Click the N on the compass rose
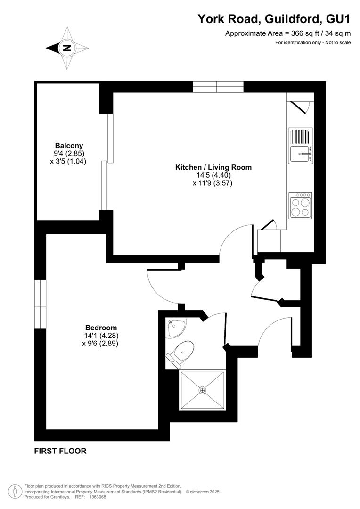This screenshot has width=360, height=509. click(67, 49)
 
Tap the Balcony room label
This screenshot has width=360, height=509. click(69, 146)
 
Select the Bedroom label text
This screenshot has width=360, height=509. click(101, 328)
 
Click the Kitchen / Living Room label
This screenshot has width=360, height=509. click(213, 167)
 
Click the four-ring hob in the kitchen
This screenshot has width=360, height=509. click(300, 206)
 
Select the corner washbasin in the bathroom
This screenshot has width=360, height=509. click(175, 328)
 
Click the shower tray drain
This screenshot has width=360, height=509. click(203, 390)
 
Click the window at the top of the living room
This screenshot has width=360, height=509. click(218, 87)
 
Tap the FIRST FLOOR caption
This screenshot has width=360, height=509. click(60, 451)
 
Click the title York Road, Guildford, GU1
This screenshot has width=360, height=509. click(274, 19)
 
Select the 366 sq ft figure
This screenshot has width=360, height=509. click(304, 33)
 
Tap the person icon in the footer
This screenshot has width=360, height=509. click(15, 492)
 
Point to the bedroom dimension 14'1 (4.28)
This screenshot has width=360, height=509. click(101, 336)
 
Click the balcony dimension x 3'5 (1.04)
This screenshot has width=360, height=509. click(68, 161)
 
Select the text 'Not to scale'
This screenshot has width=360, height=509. click(338, 42)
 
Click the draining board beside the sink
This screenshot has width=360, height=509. click(301, 137)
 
